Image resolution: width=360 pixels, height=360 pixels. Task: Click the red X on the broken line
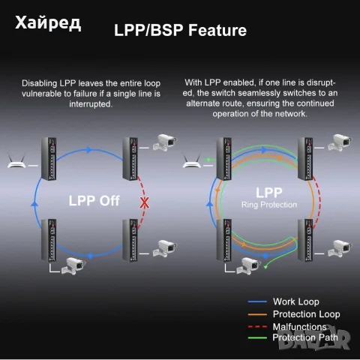tap(144, 202)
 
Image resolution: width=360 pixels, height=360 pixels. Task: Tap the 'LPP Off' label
tap(94, 201)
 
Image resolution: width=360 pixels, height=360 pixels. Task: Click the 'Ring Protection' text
tap(269, 205)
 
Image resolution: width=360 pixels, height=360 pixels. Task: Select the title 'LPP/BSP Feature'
tap(180, 30)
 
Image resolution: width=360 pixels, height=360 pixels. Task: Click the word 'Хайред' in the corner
tap(48, 23)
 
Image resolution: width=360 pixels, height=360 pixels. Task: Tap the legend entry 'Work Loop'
tap(296, 301)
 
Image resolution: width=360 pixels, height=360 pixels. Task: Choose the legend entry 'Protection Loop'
tap(307, 314)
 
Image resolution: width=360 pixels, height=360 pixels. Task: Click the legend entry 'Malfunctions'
tap(299, 327)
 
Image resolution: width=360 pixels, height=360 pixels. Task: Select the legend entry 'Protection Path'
tap(305, 337)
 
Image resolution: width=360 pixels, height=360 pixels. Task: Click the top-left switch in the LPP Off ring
tap(49, 159)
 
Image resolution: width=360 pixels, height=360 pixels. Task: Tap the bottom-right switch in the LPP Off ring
tap(130, 240)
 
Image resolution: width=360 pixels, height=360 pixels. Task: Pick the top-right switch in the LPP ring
tap(305, 159)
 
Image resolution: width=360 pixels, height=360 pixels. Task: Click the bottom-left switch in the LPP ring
tap(224, 240)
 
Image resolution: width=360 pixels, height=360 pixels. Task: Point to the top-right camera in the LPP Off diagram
tap(164, 142)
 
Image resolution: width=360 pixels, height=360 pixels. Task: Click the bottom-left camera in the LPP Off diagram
tap(73, 266)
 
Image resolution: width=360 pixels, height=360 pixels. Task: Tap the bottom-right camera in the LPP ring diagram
tap(339, 248)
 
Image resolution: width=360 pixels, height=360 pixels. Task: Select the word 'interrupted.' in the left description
tap(91, 104)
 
